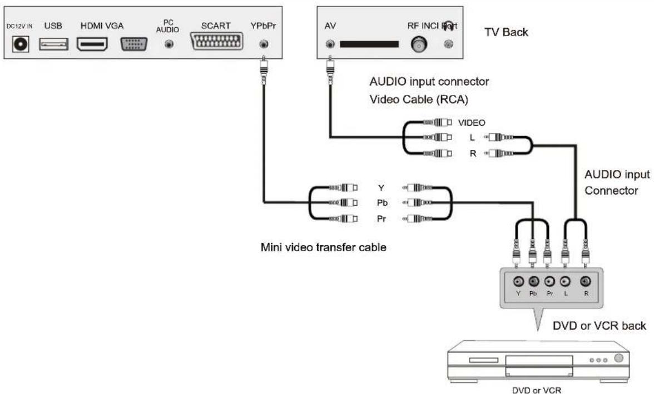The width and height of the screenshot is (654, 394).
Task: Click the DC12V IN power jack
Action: pyautogui.click(x=23, y=45)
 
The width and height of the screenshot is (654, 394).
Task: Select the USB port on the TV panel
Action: pyautogui.click(x=53, y=45)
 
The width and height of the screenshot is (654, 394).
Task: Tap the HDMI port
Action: pyautogui.click(x=92, y=45)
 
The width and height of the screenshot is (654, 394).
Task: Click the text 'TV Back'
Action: pyautogui.click(x=507, y=33)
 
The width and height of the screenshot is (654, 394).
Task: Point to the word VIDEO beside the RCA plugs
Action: pyautogui.click(x=471, y=123)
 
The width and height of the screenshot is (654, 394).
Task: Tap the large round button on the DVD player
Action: pyautogui.click(x=618, y=358)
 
